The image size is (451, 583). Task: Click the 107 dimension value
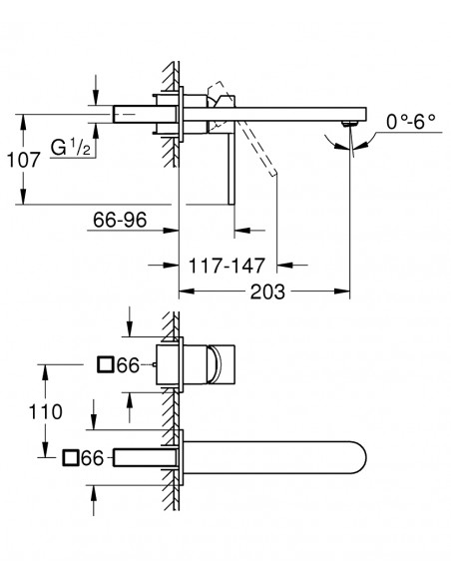pyautogui.click(x=23, y=161)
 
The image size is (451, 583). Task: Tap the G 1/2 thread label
pyautogui.click(x=71, y=147)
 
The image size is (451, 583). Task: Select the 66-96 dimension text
pyautogui.click(x=120, y=220)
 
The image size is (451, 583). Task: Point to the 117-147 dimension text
pyautogui.click(x=226, y=266)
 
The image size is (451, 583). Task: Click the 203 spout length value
pyautogui.click(x=267, y=291)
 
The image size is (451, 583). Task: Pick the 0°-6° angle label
pyautogui.click(x=410, y=122)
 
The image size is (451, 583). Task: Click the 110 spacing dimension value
pyautogui.click(x=45, y=412)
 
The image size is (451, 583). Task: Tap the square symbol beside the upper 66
pyautogui.click(x=105, y=364)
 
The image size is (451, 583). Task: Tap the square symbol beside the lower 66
pyautogui.click(x=70, y=457)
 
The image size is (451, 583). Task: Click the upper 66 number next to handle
pyautogui.click(x=128, y=365)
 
